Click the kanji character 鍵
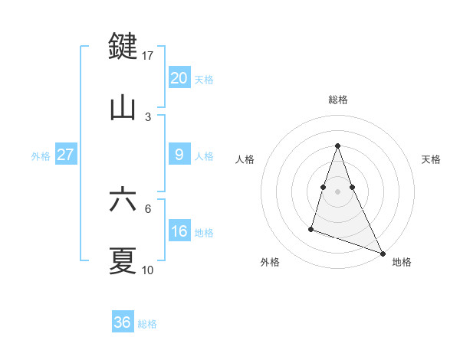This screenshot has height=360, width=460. (x=123, y=47)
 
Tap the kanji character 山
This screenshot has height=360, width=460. (x=123, y=108)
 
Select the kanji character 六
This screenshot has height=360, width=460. (x=123, y=200)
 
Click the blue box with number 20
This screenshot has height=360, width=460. (x=179, y=78)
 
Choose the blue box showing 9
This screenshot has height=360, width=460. (x=179, y=155)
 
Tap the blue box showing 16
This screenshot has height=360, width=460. (x=179, y=231)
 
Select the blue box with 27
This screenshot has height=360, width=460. (x=65, y=155)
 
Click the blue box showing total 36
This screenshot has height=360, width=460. (x=122, y=322)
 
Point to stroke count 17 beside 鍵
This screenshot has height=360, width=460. (x=148, y=56)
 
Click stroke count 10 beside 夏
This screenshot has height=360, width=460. (x=148, y=270)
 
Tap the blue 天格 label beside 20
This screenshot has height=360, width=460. (x=204, y=79)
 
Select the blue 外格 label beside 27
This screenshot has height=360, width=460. (x=41, y=155)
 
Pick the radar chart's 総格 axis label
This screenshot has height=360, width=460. (x=337, y=100)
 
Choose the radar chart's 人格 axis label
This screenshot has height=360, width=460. (x=245, y=159)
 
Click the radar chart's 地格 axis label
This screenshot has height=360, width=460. (x=402, y=262)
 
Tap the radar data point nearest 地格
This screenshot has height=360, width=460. (x=382, y=253)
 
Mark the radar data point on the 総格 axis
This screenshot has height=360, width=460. (x=337, y=146)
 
